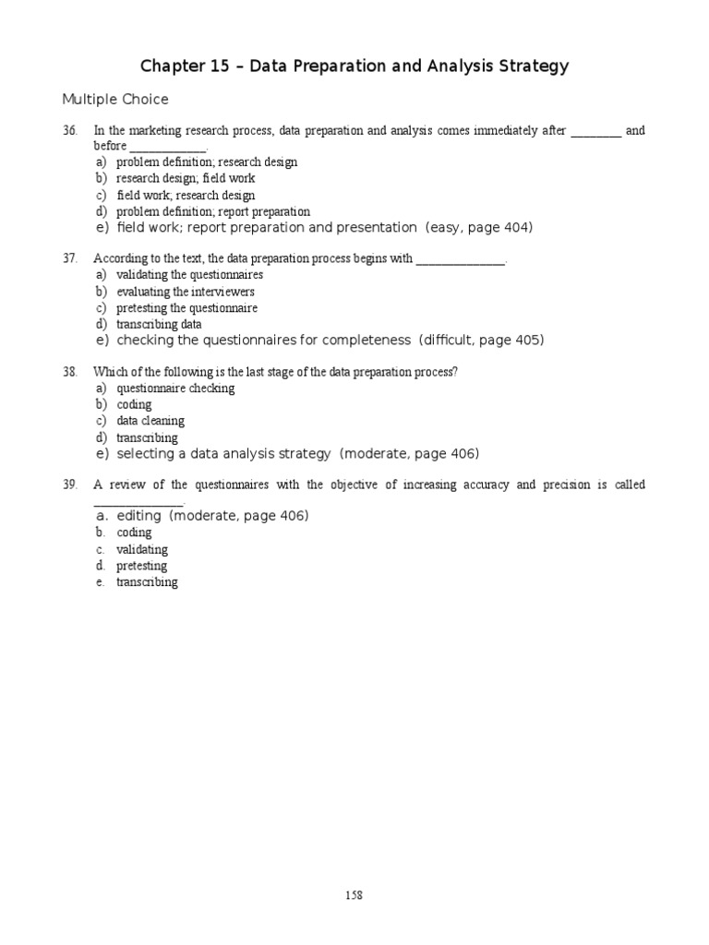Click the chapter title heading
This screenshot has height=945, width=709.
click(x=354, y=66)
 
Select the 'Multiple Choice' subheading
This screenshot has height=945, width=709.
click(x=115, y=100)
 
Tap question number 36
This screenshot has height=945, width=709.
click(x=70, y=131)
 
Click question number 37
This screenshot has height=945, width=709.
click(x=70, y=258)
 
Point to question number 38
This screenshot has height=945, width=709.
click(x=70, y=372)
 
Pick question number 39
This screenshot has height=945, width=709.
click(x=70, y=485)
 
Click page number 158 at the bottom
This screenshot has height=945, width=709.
click(x=354, y=895)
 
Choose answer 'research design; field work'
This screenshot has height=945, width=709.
click(x=186, y=178)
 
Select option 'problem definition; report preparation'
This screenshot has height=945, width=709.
click(x=213, y=211)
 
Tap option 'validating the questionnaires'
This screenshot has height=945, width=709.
click(x=189, y=275)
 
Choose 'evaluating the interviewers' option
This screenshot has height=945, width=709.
click(x=186, y=292)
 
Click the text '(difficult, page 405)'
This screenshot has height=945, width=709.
click(x=481, y=341)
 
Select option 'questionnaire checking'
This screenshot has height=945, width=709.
click(x=175, y=389)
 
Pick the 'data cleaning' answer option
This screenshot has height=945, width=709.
click(x=150, y=422)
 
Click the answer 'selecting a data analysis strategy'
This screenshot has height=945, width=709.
click(x=223, y=454)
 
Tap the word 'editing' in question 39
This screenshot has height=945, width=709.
click(x=139, y=516)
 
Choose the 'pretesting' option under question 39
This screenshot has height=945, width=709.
click(x=141, y=566)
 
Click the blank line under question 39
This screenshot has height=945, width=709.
click(x=138, y=502)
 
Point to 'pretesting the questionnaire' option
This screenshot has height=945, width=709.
click(x=186, y=308)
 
